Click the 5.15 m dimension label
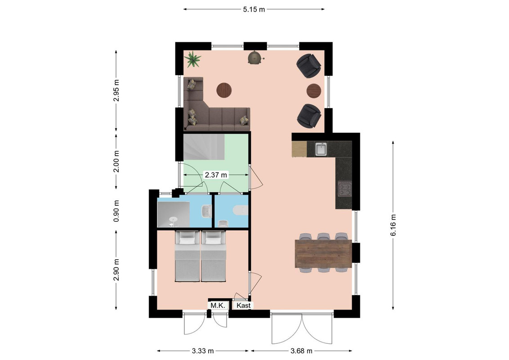[x=254, y=9]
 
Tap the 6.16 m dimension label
[x=393, y=225]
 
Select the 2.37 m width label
[x=216, y=175]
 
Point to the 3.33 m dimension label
[x=203, y=351]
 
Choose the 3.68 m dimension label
[x=301, y=351]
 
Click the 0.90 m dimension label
[x=116, y=211]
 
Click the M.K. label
[x=218, y=306]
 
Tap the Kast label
[x=243, y=306]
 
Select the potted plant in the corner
[x=192, y=59]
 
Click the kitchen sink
[x=321, y=149]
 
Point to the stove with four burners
[x=344, y=189]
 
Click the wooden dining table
[x=323, y=253]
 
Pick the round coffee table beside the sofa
[x=224, y=90]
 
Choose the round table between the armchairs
[x=314, y=90]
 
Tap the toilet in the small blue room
[x=240, y=211]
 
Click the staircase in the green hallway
[x=204, y=147]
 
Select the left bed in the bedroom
[x=188, y=256]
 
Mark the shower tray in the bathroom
[x=174, y=215]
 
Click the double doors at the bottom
[x=302, y=328]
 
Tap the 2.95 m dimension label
[x=116, y=90]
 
